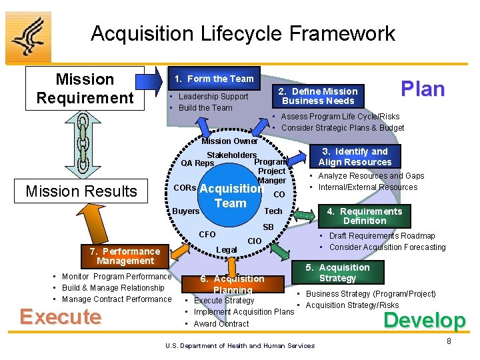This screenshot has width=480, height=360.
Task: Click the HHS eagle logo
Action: [x=28, y=37]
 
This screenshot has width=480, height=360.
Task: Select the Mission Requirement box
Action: [x=85, y=89]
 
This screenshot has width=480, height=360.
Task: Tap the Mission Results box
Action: [x=81, y=191]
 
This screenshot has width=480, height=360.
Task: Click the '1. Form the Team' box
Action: [x=213, y=79]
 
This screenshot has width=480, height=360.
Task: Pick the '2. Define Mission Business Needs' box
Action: [x=318, y=96]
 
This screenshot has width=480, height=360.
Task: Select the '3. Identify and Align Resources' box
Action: [x=355, y=157]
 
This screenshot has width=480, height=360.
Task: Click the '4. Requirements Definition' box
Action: [x=364, y=216]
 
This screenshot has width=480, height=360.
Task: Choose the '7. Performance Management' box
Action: [x=125, y=256]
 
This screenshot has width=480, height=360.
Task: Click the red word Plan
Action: [x=422, y=89]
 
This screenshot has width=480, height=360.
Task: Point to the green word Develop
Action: [x=424, y=321]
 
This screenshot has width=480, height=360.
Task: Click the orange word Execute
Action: [x=61, y=317]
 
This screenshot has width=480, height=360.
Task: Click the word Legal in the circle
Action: [x=227, y=250]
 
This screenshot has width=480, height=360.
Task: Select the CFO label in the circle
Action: [x=207, y=234]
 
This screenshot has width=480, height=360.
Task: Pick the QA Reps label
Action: [x=197, y=163]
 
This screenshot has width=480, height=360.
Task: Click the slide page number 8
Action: [x=449, y=341]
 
